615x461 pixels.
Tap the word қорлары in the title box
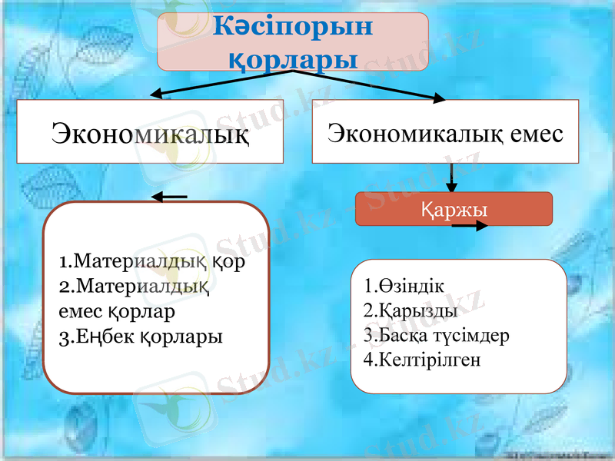click(294, 57)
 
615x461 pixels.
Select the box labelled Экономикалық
click(150, 132)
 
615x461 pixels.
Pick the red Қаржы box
click(454, 208)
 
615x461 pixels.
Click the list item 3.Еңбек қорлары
click(141, 337)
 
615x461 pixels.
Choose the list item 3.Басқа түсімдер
click(436, 335)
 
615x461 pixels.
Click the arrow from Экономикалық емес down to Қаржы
click(452, 177)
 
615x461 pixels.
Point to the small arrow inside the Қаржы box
click(470, 226)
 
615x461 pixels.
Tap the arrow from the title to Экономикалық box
click(223, 83)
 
